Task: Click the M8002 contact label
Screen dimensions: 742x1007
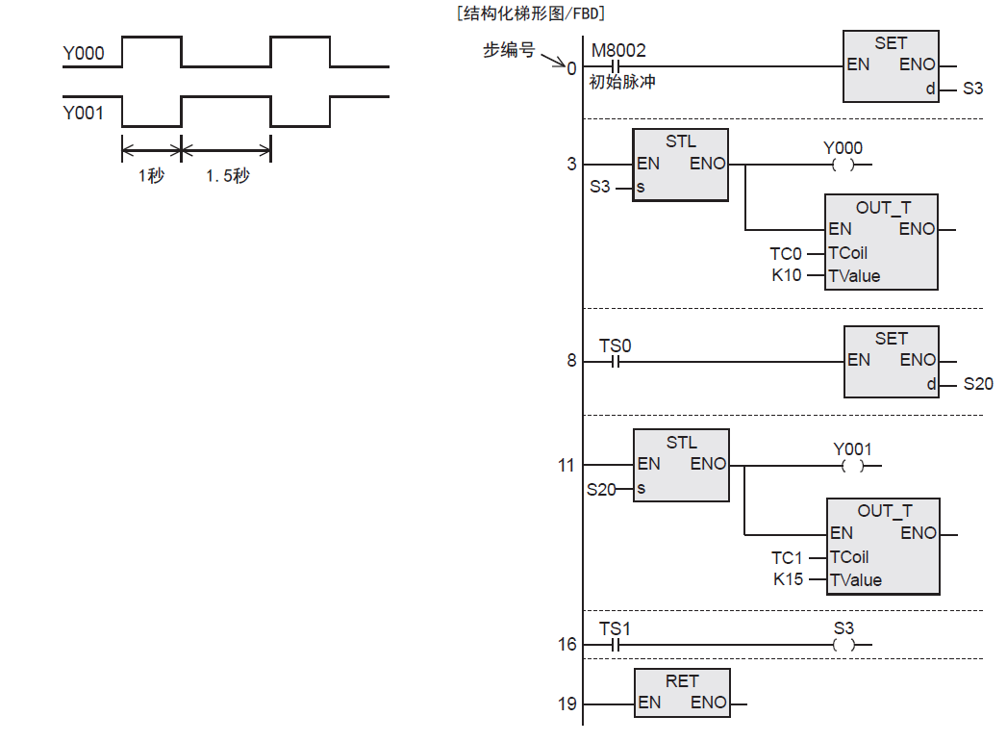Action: [617, 50]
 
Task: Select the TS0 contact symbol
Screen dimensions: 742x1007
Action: [616, 363]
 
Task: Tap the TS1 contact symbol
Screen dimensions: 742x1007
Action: [616, 645]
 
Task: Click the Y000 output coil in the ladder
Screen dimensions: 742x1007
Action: [843, 165]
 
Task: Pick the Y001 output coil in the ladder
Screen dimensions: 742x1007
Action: [852, 466]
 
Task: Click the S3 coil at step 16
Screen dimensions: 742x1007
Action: [843, 645]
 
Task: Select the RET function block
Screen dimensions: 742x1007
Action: [682, 692]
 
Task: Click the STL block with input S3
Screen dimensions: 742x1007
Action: [681, 165]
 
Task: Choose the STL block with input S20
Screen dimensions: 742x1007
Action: [681, 466]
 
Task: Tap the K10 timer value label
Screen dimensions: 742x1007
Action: [786, 276]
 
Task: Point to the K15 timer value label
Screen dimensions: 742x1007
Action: [788, 580]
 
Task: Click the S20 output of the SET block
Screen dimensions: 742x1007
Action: [977, 384]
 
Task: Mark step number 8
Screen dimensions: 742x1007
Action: [571, 361]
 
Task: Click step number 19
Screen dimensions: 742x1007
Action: [567, 704]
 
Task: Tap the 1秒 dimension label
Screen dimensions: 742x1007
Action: [151, 176]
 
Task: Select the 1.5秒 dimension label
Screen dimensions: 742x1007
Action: [227, 176]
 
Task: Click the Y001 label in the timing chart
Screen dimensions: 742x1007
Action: [84, 113]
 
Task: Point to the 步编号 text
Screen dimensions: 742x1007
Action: [508, 50]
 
